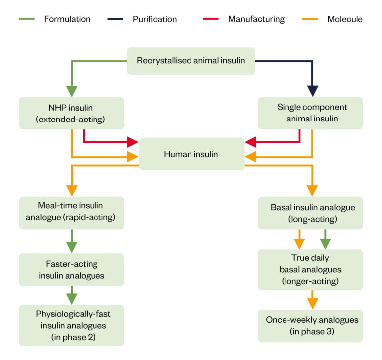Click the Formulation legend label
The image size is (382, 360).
click(x=67, y=19)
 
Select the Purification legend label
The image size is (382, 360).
click(x=154, y=19)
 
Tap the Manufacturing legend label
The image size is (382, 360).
click(x=256, y=19)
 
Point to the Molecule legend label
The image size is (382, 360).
click(x=345, y=19)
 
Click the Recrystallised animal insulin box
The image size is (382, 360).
click(x=191, y=61)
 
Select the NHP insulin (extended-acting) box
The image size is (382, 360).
click(x=72, y=113)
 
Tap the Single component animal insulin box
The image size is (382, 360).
click(x=312, y=113)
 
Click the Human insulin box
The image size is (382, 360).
click(x=191, y=154)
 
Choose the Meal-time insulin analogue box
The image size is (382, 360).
click(x=72, y=212)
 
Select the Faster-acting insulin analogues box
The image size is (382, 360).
click(x=72, y=269)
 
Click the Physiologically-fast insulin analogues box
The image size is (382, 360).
click(x=72, y=325)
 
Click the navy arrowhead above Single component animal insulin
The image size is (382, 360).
click(x=312, y=91)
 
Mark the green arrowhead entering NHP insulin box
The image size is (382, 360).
click(x=72, y=91)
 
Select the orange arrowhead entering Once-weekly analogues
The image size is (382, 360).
click(x=312, y=303)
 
